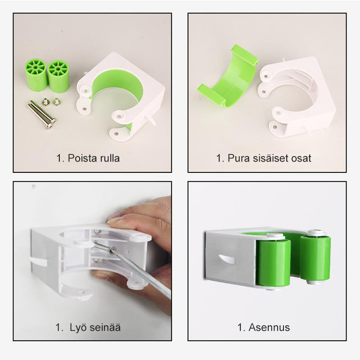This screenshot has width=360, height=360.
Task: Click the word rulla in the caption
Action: click(x=110, y=158)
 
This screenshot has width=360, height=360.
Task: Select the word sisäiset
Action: click(x=269, y=158)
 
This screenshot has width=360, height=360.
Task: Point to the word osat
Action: click(x=301, y=158)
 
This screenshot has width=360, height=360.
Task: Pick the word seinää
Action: click(x=105, y=327)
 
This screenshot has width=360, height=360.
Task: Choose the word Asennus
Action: click(x=269, y=328)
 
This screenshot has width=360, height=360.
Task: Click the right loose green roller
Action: click(x=58, y=76)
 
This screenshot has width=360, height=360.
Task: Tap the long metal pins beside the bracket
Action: click(x=42, y=114)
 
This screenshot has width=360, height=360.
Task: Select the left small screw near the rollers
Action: click(x=46, y=102)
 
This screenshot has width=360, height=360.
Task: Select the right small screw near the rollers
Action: click(x=56, y=101)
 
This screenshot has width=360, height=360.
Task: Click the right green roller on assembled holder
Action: click(x=316, y=258)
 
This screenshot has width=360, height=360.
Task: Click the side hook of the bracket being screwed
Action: click(x=38, y=261)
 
